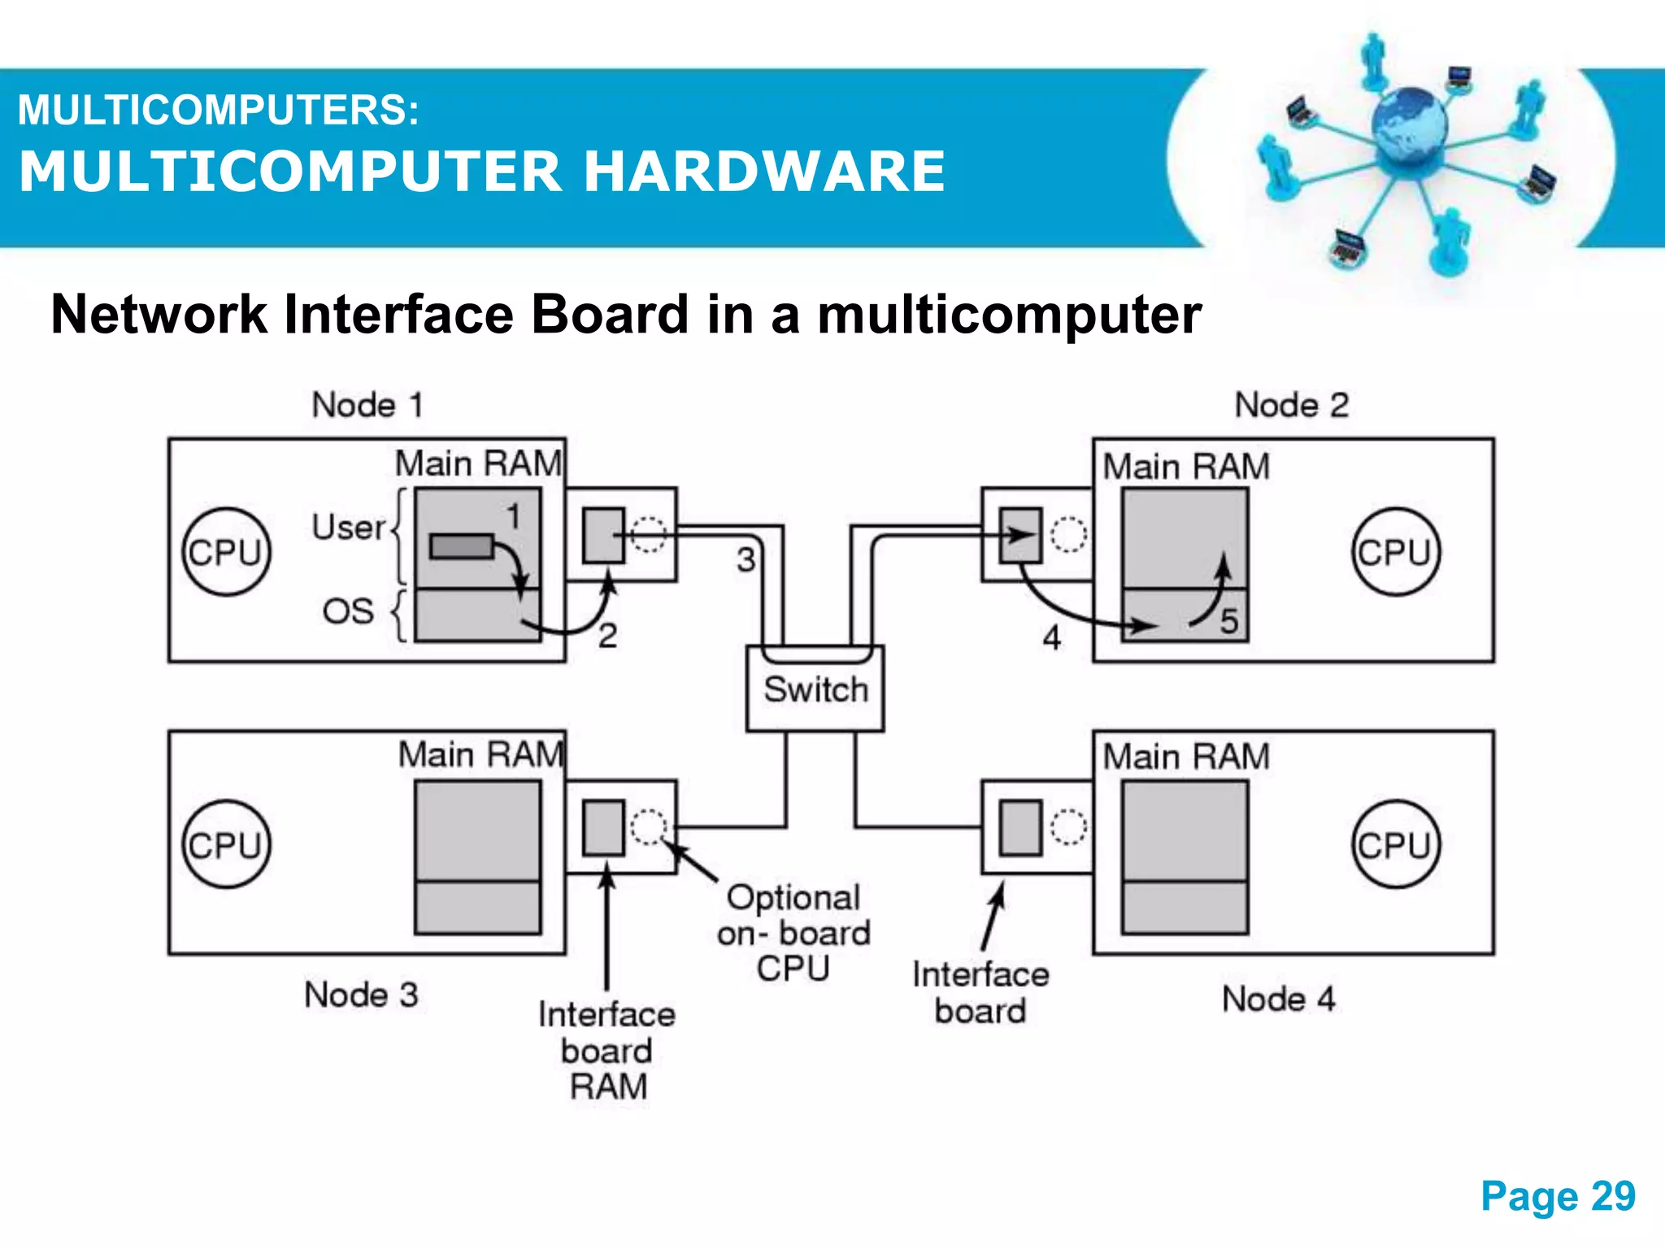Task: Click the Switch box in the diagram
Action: click(815, 689)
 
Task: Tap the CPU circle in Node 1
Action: click(226, 552)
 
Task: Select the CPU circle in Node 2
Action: click(1395, 552)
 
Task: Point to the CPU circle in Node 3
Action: click(226, 844)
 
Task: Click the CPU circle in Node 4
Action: click(1395, 844)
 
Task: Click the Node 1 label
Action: click(367, 405)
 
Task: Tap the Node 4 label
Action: click(1278, 999)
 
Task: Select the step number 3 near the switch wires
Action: click(746, 559)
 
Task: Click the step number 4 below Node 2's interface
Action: click(1051, 638)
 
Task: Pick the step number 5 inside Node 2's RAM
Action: click(1228, 621)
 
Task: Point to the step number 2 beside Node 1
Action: click(607, 636)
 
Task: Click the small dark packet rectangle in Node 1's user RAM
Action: click(461, 546)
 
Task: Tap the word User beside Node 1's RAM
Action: click(348, 528)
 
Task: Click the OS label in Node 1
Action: click(348, 611)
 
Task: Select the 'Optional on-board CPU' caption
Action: click(793, 933)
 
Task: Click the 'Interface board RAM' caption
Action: click(607, 1050)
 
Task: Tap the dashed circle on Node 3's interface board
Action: click(649, 827)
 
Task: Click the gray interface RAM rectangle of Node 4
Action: click(1020, 828)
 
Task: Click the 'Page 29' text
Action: click(1558, 1196)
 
